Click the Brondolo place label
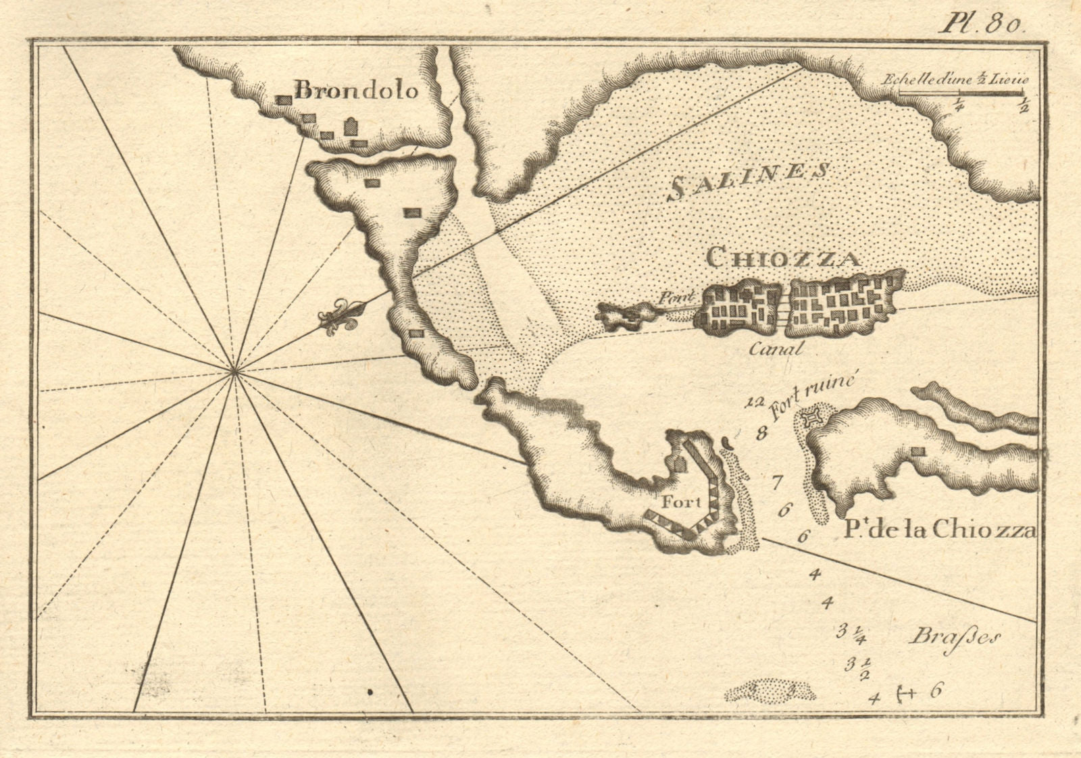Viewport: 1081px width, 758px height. [x=357, y=91]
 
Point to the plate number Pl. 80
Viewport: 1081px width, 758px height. [x=983, y=24]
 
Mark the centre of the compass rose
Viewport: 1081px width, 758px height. [x=234, y=370]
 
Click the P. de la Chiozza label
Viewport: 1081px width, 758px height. [x=939, y=530]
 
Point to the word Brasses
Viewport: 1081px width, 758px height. [x=954, y=637]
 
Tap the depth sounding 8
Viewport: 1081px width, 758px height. [x=762, y=433]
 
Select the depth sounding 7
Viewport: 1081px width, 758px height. [x=776, y=482]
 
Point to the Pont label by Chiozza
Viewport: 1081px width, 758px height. [x=672, y=297]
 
